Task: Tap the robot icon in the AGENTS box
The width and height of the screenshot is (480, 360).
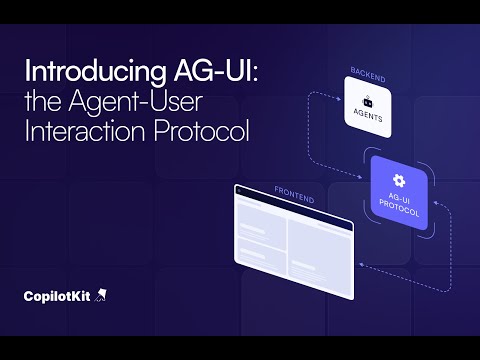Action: click(x=369, y=102)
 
